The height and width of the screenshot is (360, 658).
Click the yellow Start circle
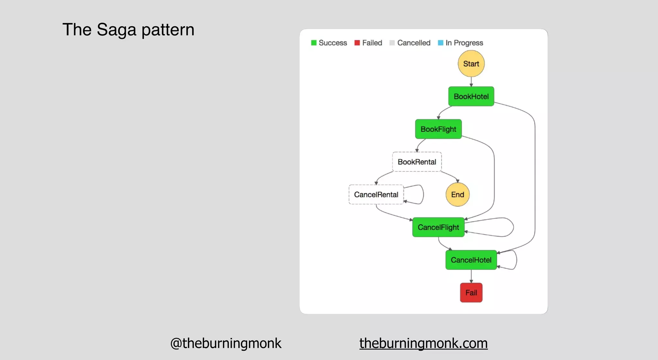coord(471,64)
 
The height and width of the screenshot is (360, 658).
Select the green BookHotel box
coord(471,96)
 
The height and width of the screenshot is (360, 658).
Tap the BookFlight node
coord(438,129)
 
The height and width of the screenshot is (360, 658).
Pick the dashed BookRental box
coord(417,162)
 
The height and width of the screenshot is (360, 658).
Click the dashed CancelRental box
coord(376,194)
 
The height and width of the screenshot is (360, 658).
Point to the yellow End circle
coord(458,194)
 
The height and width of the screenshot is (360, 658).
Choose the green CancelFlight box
coord(438,227)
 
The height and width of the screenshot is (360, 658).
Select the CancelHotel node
coord(471,260)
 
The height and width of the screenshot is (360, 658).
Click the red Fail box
coord(471,292)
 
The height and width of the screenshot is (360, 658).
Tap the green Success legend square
coord(314,43)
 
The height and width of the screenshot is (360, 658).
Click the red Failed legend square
coord(357,43)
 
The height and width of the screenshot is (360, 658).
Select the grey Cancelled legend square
coord(392,43)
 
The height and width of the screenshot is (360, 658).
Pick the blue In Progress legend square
coord(440,43)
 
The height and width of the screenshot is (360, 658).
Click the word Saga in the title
coord(116,30)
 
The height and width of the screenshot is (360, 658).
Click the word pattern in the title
coord(168,30)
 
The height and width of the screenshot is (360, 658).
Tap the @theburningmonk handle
coord(226,343)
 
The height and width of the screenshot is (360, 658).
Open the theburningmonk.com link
coord(423,343)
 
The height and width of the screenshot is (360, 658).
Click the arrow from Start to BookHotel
coord(471,82)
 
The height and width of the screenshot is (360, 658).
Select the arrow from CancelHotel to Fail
coord(471,276)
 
